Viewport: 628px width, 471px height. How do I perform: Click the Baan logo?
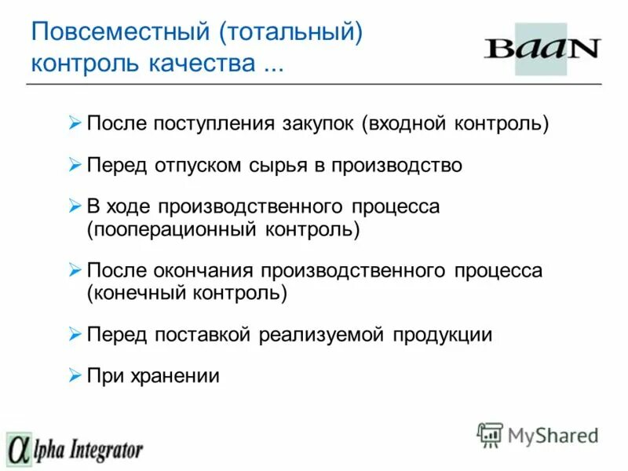541,49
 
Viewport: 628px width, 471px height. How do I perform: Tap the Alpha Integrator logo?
75,449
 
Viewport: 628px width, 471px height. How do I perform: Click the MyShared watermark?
539,435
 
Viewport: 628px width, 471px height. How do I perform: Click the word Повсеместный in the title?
119,34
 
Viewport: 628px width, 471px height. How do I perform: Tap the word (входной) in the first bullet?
405,124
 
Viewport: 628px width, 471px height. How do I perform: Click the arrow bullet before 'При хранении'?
75,375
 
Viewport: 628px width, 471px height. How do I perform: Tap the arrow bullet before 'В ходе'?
75,207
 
